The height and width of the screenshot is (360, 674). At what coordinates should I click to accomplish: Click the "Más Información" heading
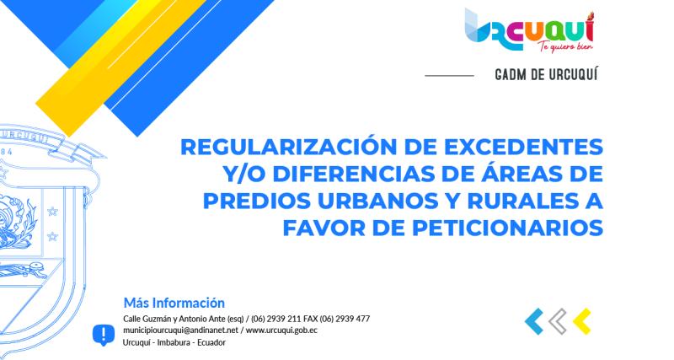(x=174, y=302)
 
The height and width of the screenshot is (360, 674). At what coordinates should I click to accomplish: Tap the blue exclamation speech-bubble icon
(x=103, y=335)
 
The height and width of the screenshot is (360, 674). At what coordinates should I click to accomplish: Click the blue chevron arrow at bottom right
(x=532, y=320)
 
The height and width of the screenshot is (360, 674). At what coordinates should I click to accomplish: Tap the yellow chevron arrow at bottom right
(x=580, y=320)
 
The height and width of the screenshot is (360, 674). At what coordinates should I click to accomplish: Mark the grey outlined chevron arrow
(x=556, y=320)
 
